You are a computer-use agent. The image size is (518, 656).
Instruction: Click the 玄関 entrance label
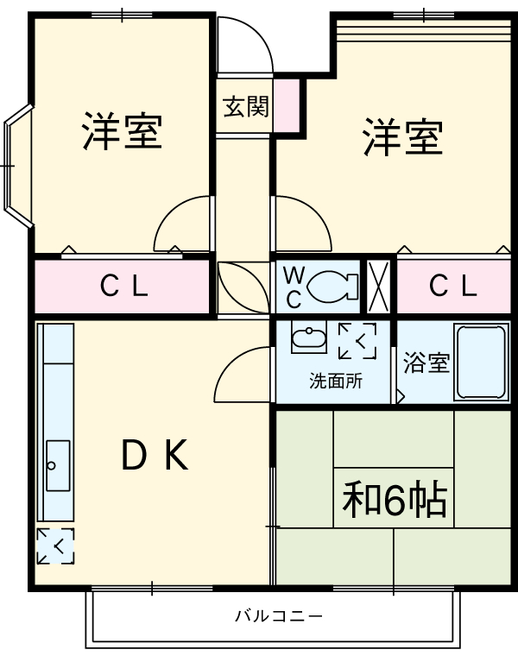click(x=245, y=107)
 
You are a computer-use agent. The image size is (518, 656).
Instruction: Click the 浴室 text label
click(x=426, y=363)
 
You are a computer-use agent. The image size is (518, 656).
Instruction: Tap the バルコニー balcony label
click(x=279, y=616)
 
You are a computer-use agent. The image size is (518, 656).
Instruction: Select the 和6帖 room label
click(x=394, y=500)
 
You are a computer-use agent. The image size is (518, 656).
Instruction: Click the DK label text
click(x=155, y=455)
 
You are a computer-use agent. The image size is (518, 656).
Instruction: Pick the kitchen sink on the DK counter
click(x=58, y=466)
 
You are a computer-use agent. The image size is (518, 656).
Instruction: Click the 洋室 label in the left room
click(x=123, y=130)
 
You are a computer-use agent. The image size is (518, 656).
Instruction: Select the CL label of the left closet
click(x=123, y=287)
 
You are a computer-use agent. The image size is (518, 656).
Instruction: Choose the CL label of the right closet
click(x=452, y=287)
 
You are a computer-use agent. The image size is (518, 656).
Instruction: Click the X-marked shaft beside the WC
click(x=378, y=287)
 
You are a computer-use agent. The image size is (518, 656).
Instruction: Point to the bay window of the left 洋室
click(x=17, y=164)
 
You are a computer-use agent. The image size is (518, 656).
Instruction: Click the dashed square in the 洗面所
click(x=357, y=340)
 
